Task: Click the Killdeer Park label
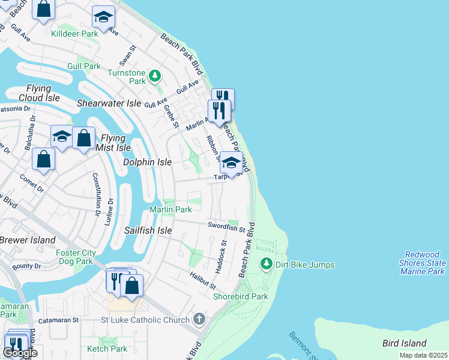click(x=75, y=34)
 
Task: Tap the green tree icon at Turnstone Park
click(x=155, y=76)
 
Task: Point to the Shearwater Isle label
click(x=109, y=103)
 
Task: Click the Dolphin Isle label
click(x=147, y=162)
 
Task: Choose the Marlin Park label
click(x=170, y=209)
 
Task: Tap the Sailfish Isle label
click(x=148, y=230)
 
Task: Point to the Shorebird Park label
click(x=240, y=296)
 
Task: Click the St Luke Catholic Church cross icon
click(x=199, y=320)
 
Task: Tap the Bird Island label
click(x=405, y=344)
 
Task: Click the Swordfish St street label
click(x=227, y=226)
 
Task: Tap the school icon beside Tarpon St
click(x=231, y=163)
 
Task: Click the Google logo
click(x=19, y=353)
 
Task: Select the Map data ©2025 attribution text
click(x=423, y=355)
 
